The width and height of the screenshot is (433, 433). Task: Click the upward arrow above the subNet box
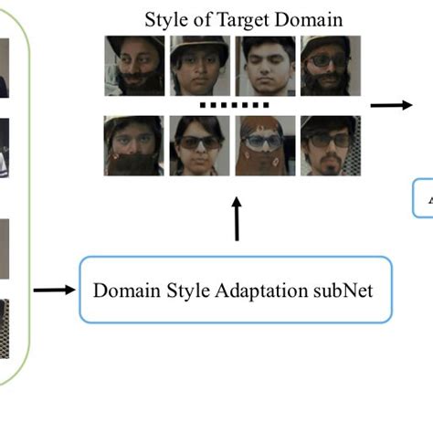pyautogui.click(x=237, y=220)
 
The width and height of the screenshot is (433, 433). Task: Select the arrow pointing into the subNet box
pyautogui.click(x=54, y=290)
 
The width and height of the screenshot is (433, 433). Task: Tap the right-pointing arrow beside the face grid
pyautogui.click(x=389, y=106)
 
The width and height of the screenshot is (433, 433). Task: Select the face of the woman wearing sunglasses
pyautogui.click(x=199, y=145)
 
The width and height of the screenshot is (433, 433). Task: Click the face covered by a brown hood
pyautogui.click(x=265, y=145)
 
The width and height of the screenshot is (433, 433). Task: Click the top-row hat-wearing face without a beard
pyautogui.click(x=199, y=66)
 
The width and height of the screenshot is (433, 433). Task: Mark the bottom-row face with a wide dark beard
pyautogui.click(x=133, y=145)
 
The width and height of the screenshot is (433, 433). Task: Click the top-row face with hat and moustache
pyautogui.click(x=133, y=66)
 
